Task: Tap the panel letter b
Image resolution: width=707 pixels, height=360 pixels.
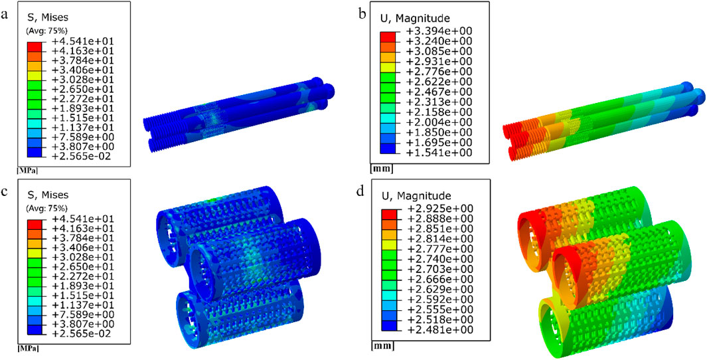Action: tap(360, 13)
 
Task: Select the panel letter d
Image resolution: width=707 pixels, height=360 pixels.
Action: tap(360, 192)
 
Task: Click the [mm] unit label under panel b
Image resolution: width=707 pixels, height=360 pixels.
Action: tap(380, 169)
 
